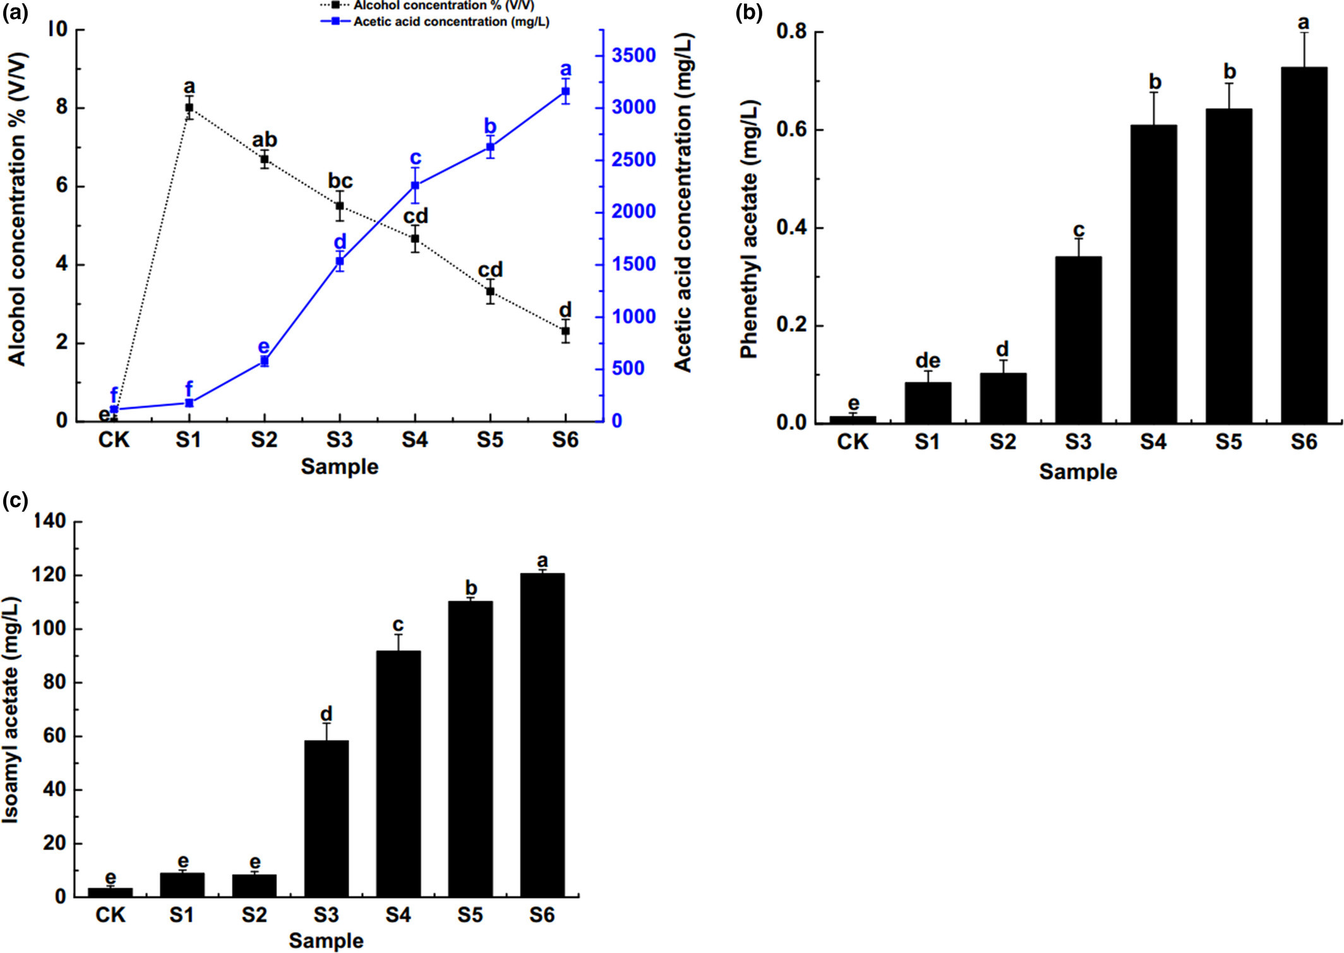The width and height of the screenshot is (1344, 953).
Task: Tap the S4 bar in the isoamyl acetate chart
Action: pos(398,774)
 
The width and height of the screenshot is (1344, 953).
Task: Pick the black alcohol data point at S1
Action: pos(189,107)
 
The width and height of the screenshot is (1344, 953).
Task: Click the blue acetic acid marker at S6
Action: pos(565,92)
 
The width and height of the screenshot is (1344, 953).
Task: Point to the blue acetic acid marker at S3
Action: pos(340,261)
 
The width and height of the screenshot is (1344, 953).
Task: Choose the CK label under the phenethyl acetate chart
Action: pos(853,442)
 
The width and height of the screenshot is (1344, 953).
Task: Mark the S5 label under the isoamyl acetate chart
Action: pos(470,915)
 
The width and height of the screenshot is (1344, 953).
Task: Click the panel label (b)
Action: pos(749,13)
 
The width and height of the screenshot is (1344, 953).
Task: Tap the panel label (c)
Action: pos(15,500)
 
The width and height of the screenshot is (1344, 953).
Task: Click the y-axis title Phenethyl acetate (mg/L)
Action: pos(749,229)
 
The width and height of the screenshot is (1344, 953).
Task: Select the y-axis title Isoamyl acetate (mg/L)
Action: pos(11,710)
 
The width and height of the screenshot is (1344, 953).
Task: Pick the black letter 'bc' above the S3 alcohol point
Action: pos(340,181)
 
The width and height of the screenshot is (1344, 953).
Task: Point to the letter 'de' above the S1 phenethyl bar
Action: pos(928,361)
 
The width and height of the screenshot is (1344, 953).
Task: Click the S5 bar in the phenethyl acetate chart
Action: pos(1228,265)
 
